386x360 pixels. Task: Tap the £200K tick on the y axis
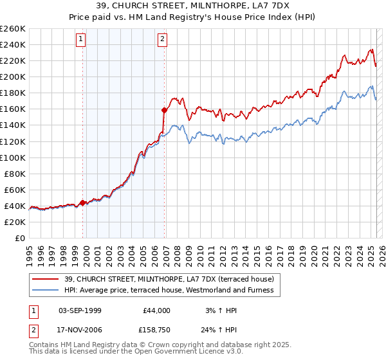pyautogui.click(x=13, y=76)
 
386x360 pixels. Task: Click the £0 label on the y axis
pyautogui.click(x=20, y=238)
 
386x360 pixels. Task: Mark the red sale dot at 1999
pyautogui.click(x=82, y=203)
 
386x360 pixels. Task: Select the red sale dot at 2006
pyautogui.click(x=165, y=110)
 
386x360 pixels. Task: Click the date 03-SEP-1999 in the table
pyautogui.click(x=80, y=310)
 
